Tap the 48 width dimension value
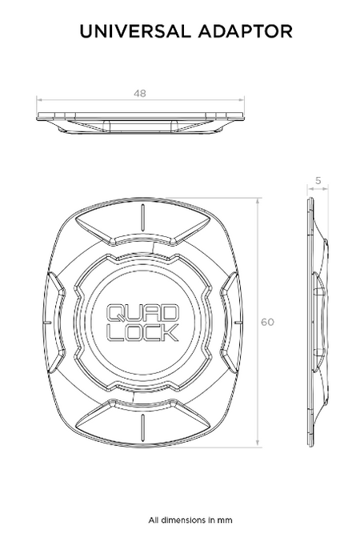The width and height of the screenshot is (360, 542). click(140, 93)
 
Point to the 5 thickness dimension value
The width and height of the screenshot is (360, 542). click(318, 182)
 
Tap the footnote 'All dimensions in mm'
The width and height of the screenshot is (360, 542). click(179, 520)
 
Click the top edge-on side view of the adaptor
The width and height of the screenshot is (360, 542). click(140, 120)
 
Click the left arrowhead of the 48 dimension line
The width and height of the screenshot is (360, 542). click(40, 100)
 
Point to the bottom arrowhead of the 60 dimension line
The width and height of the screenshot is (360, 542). click(258, 444)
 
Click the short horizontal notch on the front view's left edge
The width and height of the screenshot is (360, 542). click(49, 322)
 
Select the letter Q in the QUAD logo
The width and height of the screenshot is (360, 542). click(115, 311)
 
